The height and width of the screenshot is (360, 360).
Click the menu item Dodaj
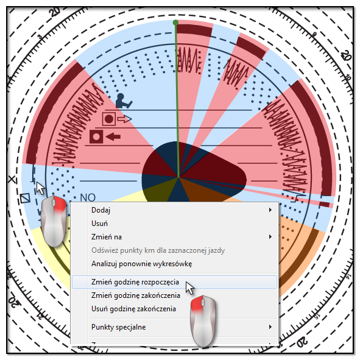101,210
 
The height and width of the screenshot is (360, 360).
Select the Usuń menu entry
99,224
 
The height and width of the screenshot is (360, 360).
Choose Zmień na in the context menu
107,237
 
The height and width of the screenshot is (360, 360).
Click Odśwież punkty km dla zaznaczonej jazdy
158,250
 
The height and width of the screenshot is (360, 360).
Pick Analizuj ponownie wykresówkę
142,264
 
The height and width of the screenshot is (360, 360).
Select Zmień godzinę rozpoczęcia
135,282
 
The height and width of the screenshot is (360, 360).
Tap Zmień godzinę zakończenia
136,295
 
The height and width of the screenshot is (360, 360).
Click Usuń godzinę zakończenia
133,309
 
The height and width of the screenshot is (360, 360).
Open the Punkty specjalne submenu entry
118,327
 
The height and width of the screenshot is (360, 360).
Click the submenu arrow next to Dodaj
270,210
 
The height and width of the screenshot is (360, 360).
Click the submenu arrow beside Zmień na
270,237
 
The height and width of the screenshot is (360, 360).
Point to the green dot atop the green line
175,23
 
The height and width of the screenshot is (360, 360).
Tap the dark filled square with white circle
96,136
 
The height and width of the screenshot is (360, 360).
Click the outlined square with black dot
109,119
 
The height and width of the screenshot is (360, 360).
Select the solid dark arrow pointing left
113,137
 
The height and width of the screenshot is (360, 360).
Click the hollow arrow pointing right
124,119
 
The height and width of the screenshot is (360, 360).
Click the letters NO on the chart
88,197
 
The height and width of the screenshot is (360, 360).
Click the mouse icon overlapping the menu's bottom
203,321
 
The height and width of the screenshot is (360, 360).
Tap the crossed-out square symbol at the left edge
25,198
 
